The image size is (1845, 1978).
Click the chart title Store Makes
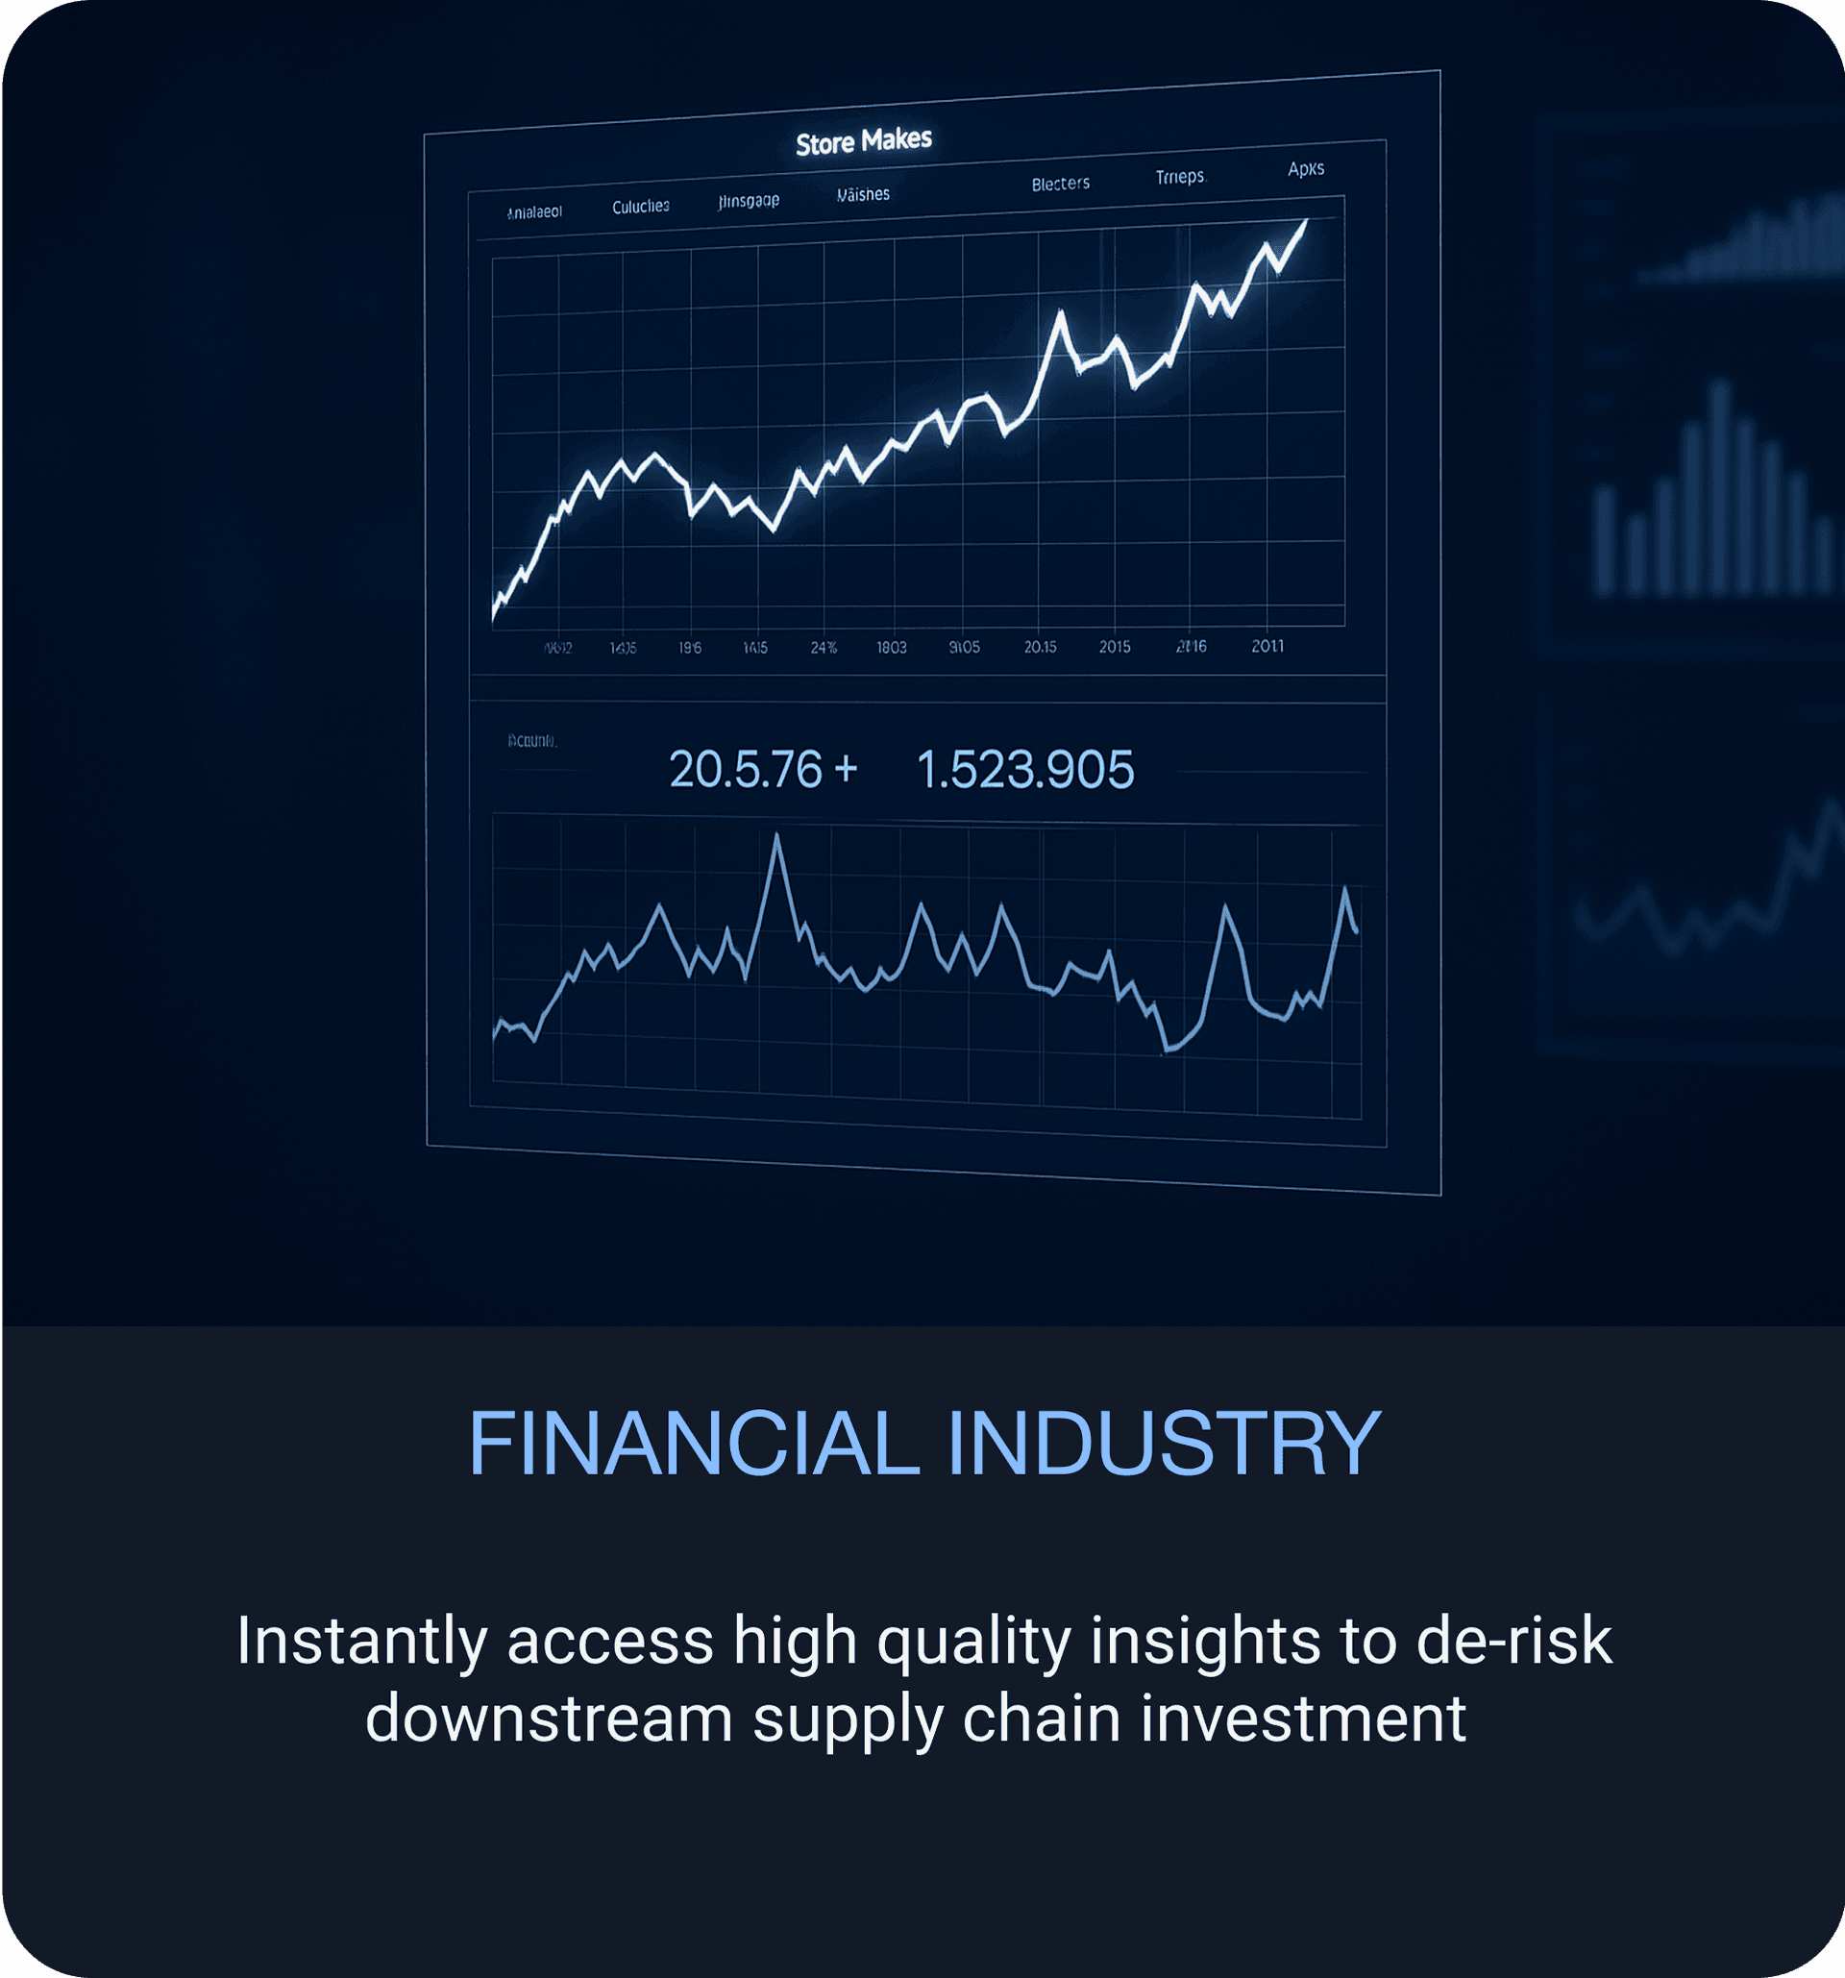pos(863,141)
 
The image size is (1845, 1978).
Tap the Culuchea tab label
pos(641,207)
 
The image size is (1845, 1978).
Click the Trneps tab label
pos(1181,177)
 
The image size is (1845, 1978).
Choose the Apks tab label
pos(1306,169)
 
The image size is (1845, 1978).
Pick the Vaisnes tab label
pos(863,195)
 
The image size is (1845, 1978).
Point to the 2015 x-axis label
pos(1115,647)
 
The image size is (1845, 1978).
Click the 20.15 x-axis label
pos(1041,647)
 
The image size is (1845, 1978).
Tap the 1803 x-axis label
pos(891,648)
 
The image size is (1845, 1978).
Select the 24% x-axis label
pos(824,648)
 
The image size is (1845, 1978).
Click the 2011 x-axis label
pos(1267,647)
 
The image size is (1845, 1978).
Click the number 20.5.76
pos(745,770)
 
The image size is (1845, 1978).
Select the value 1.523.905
pos(1024,770)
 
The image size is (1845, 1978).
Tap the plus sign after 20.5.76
pos(846,768)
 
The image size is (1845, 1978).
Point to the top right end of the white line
pos(1306,221)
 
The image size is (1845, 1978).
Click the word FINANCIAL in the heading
pos(693,1444)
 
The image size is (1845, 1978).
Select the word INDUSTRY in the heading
pos(1164,1444)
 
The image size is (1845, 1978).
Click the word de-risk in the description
pos(1513,1640)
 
